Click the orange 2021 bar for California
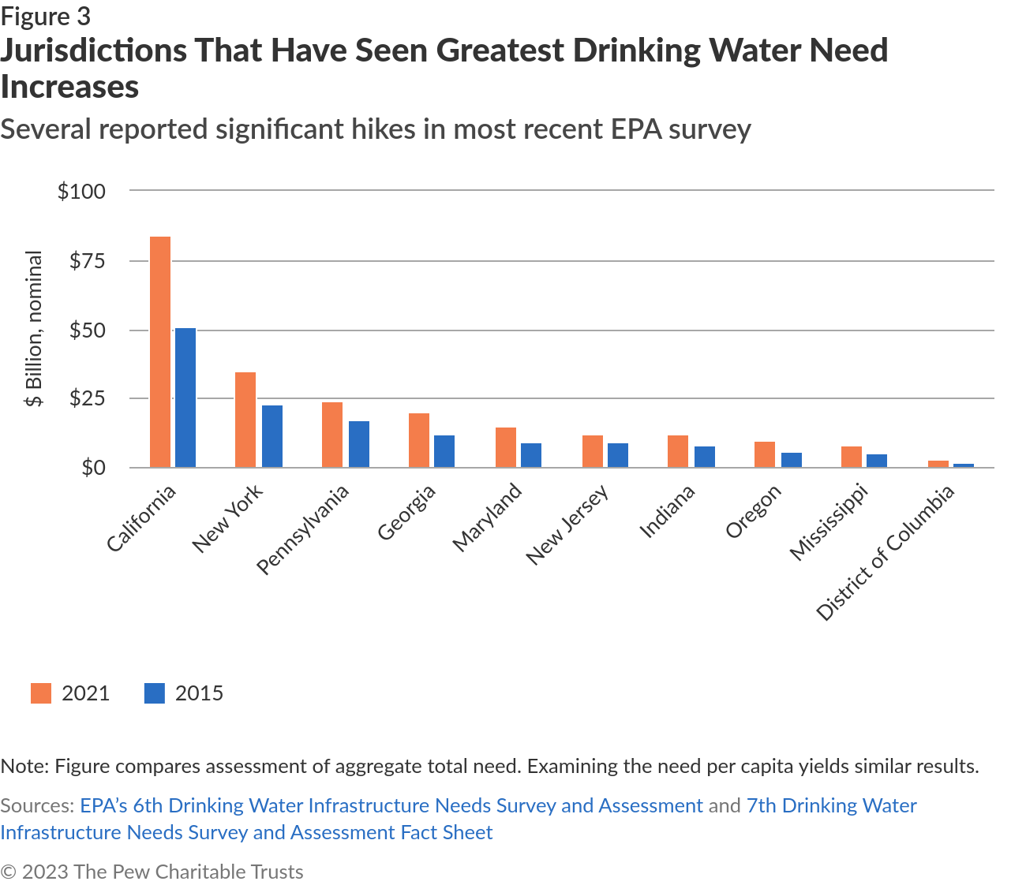click(160, 352)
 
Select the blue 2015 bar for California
click(185, 398)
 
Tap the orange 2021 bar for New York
click(245, 420)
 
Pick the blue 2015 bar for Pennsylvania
click(359, 444)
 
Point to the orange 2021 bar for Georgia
click(419, 440)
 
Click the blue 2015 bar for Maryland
click(531, 455)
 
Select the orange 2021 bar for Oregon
click(765, 454)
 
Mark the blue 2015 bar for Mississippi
click(877, 461)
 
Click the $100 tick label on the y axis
click(81, 191)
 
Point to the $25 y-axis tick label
click(87, 398)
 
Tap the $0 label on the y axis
click(93, 468)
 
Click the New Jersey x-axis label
click(567, 525)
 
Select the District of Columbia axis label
click(886, 552)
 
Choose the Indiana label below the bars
click(667, 512)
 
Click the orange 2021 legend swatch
click(41, 693)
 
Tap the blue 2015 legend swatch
click(155, 693)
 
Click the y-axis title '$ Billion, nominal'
click(34, 328)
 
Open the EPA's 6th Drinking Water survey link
click(391, 805)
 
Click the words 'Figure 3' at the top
click(46, 17)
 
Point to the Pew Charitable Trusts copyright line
click(152, 872)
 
